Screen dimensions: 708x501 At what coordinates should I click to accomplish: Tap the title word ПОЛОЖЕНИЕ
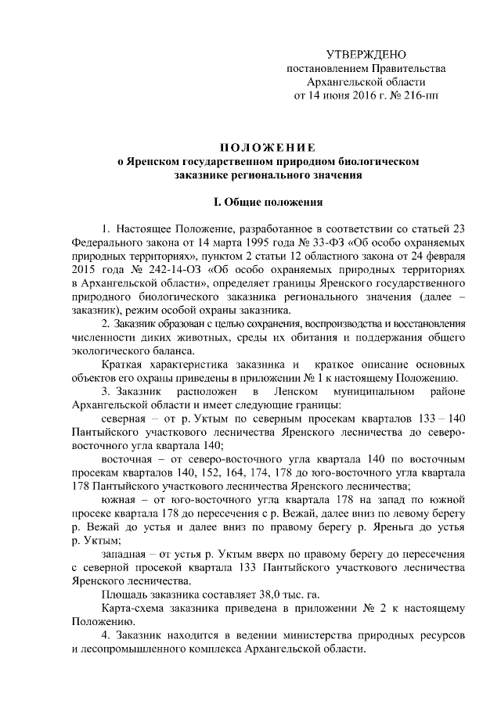[x=267, y=147]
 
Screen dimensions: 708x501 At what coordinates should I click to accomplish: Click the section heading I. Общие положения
[x=268, y=203]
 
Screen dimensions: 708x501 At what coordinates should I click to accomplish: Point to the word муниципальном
[x=368, y=391]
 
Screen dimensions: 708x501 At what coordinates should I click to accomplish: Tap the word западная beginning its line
[x=126, y=554]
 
